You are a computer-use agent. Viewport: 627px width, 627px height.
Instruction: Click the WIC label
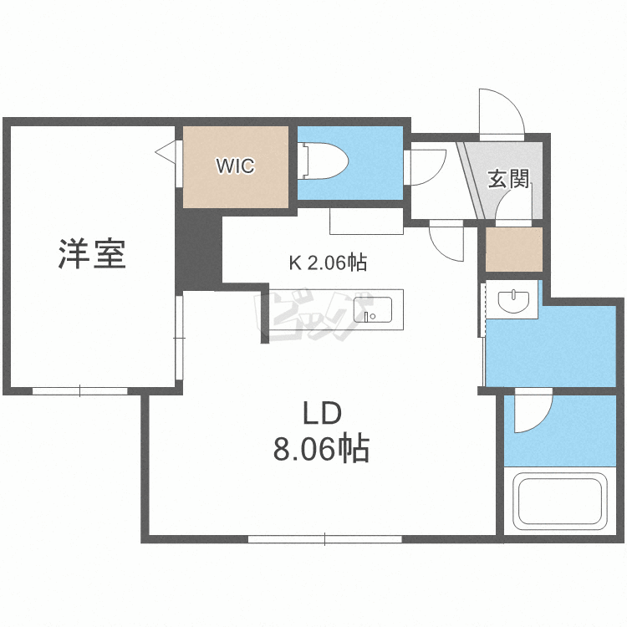point(235,166)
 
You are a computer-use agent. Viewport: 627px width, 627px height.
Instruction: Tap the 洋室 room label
point(92,253)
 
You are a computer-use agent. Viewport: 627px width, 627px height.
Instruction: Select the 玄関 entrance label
point(508,179)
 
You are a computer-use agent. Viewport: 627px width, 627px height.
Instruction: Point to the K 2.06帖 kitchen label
point(328,263)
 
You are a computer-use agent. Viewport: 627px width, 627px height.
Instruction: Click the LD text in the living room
point(323,414)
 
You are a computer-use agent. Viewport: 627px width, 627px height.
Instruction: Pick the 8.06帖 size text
point(321,449)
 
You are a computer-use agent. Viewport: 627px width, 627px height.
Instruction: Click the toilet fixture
point(324,161)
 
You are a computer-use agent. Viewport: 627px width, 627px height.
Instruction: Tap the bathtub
point(560,501)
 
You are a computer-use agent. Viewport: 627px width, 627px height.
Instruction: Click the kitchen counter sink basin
point(372,309)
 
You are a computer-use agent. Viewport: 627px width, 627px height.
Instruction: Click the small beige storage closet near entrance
point(514,249)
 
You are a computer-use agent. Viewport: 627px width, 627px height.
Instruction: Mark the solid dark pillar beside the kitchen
point(199,250)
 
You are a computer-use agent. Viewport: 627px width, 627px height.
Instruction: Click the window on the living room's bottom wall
point(324,539)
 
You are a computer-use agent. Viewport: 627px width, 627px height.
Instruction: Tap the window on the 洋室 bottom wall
point(80,390)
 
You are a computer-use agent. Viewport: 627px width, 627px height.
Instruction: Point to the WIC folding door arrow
point(166,151)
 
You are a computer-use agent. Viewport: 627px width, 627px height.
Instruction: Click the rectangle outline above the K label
point(366,222)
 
